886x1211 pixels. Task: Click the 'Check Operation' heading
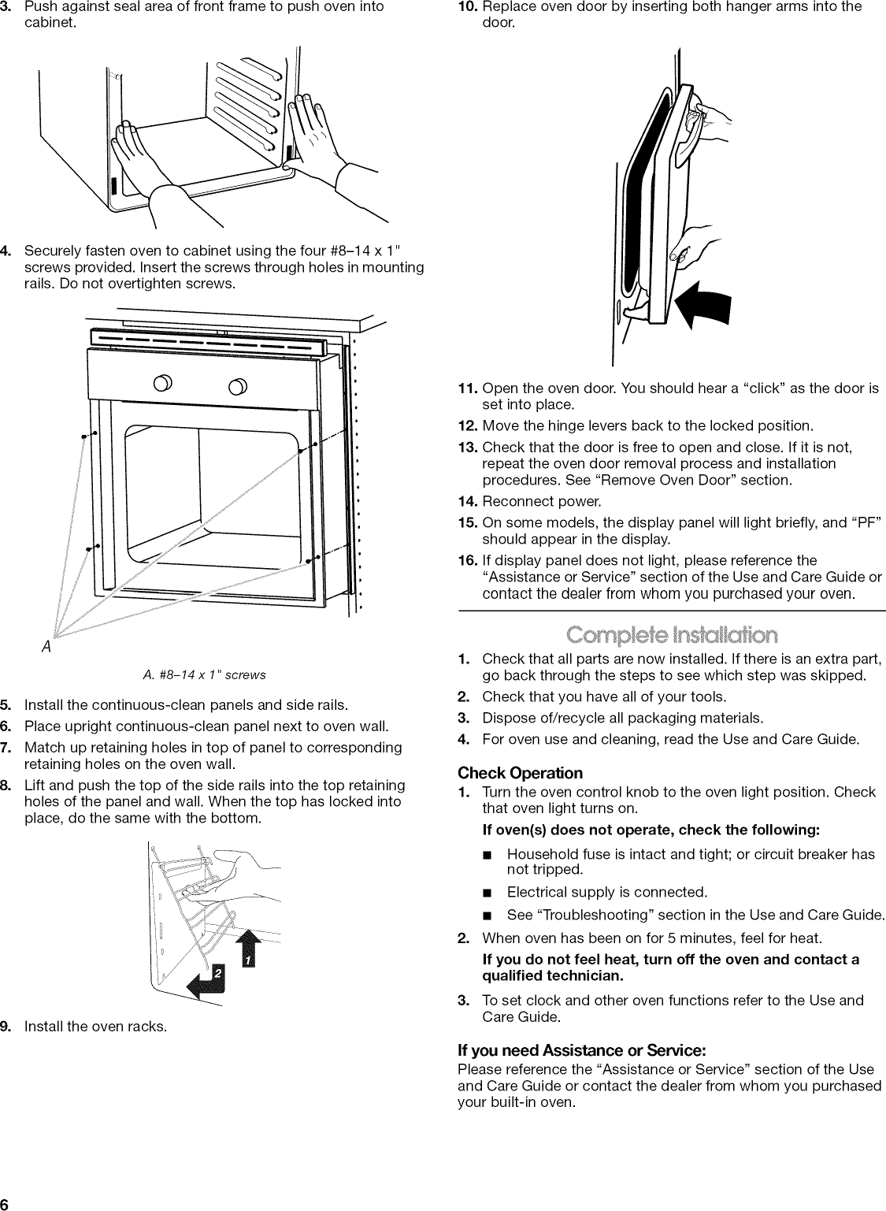[x=521, y=772]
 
